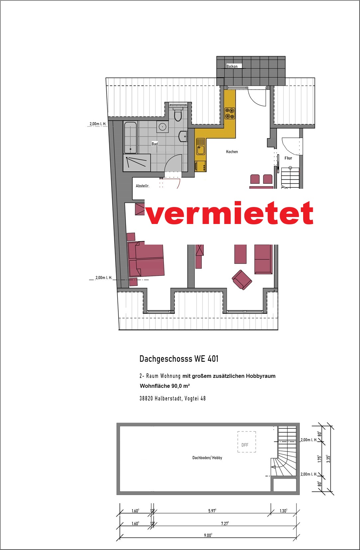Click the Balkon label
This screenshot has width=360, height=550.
coord(232,66)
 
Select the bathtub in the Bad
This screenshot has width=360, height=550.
coord(130,138)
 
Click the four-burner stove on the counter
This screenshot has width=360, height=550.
coord(230,113)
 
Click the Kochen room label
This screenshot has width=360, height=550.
coord(232,152)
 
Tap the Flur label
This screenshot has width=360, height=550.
coord(288,158)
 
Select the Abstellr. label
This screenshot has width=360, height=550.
coord(142,186)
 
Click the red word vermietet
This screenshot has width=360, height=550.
coord(230,213)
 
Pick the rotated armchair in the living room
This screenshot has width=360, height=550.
coord(242,280)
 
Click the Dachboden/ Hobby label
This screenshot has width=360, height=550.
coord(207,458)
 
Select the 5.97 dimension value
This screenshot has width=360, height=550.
coord(212,511)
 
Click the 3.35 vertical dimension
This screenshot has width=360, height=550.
coord(328,459)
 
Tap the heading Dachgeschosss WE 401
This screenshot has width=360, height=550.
coord(179,359)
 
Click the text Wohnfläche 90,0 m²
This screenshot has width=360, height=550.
coord(165,386)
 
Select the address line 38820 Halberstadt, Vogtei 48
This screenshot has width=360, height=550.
coord(173,398)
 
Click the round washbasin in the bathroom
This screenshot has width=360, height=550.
coord(162,127)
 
